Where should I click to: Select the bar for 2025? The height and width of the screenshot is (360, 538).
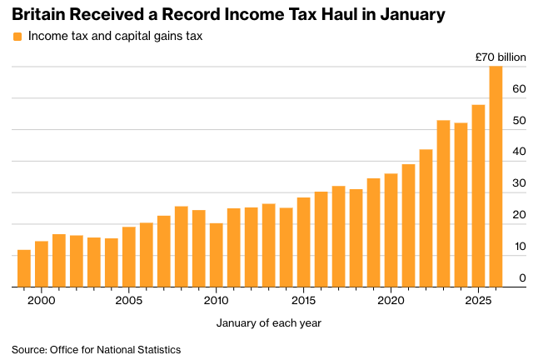point(478,196)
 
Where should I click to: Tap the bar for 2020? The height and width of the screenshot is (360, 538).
point(391,230)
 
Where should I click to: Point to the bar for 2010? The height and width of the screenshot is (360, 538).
point(216,255)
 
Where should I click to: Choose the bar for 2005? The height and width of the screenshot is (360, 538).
point(129,257)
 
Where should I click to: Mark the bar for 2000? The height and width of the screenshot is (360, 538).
point(42,264)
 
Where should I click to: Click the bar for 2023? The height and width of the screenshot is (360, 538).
point(443,203)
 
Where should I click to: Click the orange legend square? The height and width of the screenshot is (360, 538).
point(17,37)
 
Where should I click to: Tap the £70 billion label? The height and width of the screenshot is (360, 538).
point(501,57)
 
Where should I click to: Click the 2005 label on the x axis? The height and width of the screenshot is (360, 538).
point(129,299)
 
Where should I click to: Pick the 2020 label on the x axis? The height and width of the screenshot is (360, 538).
point(391,299)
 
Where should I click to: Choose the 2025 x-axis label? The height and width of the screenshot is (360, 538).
point(478,299)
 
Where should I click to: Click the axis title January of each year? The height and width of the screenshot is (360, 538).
point(268,322)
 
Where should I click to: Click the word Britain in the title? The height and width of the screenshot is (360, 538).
point(37,14)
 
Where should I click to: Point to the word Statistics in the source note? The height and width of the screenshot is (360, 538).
point(157,349)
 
